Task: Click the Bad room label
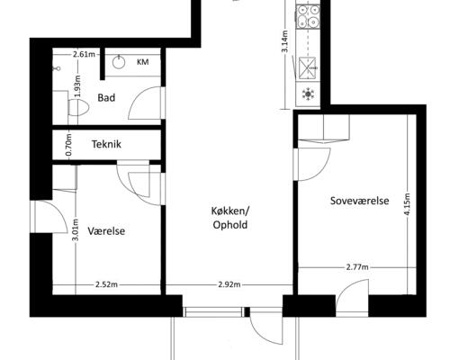pyautogui.click(x=106, y=98)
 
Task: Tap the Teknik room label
pyautogui.click(x=106, y=144)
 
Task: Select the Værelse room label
pyautogui.click(x=106, y=231)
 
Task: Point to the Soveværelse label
pyautogui.click(x=359, y=201)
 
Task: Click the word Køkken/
pyautogui.click(x=230, y=211)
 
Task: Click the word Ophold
pyautogui.click(x=230, y=225)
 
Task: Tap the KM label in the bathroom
pyautogui.click(x=143, y=62)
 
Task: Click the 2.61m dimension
pyautogui.click(x=84, y=54)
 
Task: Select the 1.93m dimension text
pyautogui.click(x=78, y=86)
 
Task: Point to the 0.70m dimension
pyautogui.click(x=68, y=145)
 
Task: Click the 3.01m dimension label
pyautogui.click(x=75, y=229)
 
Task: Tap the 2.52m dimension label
pyautogui.click(x=106, y=284)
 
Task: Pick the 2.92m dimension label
pyautogui.click(x=229, y=284)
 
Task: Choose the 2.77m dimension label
pyautogui.click(x=357, y=266)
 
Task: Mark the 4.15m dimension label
pyautogui.click(x=407, y=204)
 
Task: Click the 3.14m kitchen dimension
pyautogui.click(x=284, y=41)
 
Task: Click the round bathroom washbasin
pyautogui.click(x=119, y=62)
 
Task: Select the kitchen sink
pyautogui.click(x=308, y=68)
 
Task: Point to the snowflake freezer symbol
pyautogui.click(x=308, y=94)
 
